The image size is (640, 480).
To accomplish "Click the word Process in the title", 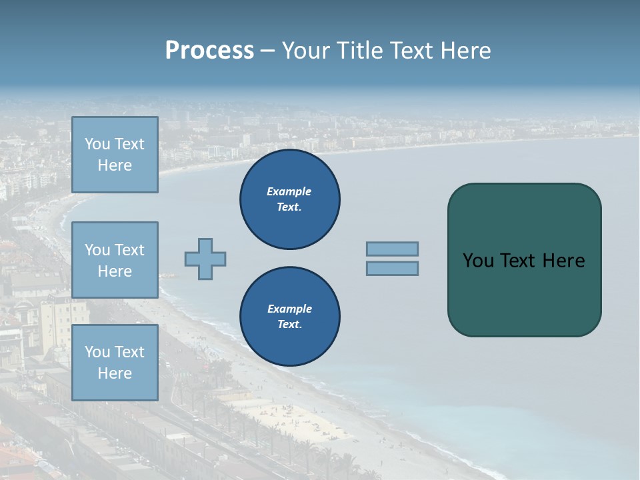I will [x=209, y=51].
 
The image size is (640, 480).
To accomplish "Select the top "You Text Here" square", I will [x=115, y=155].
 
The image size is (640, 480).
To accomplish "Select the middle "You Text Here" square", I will [x=115, y=260].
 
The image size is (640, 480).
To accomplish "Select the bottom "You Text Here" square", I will [x=115, y=363].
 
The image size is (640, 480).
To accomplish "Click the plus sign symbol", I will [x=205, y=259].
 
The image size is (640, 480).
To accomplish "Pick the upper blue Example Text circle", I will [x=290, y=199].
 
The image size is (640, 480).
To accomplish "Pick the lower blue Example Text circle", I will [x=290, y=317].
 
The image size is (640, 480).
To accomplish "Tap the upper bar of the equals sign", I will [x=393, y=249].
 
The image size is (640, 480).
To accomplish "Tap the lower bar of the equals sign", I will [x=393, y=268].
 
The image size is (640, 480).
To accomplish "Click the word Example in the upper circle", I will [x=289, y=191].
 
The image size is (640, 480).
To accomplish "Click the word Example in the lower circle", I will [x=289, y=309].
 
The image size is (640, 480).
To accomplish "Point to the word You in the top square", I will [x=97, y=144].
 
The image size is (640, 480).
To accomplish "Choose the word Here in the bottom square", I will [x=115, y=373].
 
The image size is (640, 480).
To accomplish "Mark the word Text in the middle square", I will [x=129, y=250].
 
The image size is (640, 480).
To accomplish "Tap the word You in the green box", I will [x=478, y=261].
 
